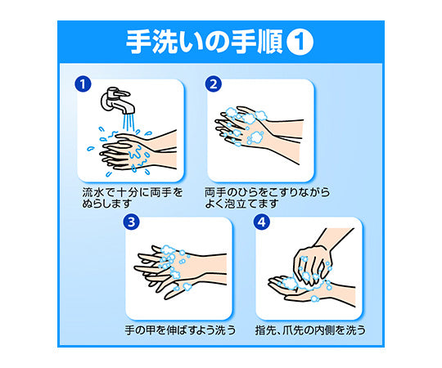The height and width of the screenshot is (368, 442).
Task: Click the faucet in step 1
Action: (x=116, y=101)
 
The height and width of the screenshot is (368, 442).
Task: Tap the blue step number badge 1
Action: (x=83, y=84)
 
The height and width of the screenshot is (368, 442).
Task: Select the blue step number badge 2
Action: (x=214, y=84)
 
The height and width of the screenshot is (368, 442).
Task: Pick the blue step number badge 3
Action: (x=131, y=222)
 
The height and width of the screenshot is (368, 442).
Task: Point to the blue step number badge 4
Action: (x=262, y=222)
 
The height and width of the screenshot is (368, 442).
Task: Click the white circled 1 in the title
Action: (x=300, y=42)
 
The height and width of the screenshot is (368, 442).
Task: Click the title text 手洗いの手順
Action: (x=205, y=42)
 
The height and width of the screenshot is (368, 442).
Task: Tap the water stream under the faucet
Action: (x=129, y=123)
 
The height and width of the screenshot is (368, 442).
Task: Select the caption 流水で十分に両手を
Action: (x=133, y=192)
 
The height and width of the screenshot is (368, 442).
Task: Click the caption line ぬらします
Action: (x=107, y=204)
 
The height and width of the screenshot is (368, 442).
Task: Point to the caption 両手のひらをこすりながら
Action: (x=267, y=192)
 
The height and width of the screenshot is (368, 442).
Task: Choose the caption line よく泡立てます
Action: (x=241, y=204)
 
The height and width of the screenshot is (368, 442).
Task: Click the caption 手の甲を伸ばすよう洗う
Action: (x=180, y=330)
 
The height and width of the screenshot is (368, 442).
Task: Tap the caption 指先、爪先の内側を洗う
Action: (x=310, y=330)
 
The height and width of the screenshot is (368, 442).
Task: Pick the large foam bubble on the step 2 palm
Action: (x=255, y=138)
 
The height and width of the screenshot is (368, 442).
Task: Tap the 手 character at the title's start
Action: (x=138, y=42)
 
